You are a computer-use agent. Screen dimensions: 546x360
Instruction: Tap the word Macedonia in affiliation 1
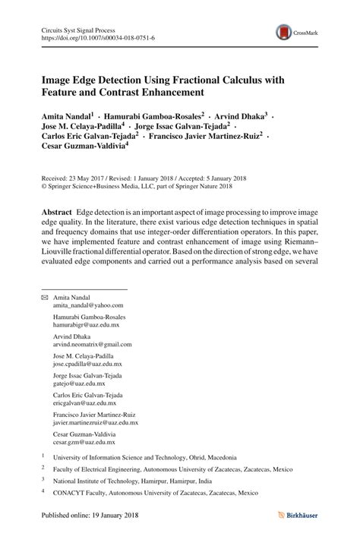click(218, 458)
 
